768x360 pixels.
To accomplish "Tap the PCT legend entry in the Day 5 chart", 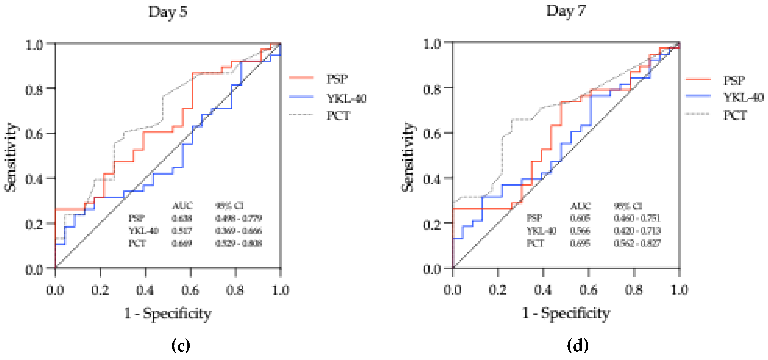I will coord(338,116).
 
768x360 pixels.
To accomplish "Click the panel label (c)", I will coord(181,346).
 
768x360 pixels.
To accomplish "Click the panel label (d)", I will coord(578,346).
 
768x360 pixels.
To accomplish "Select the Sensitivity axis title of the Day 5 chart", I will coord(10,157).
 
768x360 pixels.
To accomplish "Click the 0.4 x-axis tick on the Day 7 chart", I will coord(543,290).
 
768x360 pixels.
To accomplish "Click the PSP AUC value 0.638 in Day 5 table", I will coord(182,219).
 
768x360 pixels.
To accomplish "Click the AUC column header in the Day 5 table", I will coord(182,206).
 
